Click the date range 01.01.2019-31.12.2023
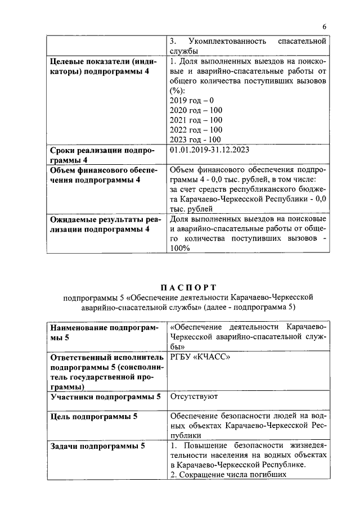coord(209,150)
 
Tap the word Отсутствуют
coord(195,397)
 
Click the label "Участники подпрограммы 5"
coord(105,397)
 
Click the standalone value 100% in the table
coord(180,250)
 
